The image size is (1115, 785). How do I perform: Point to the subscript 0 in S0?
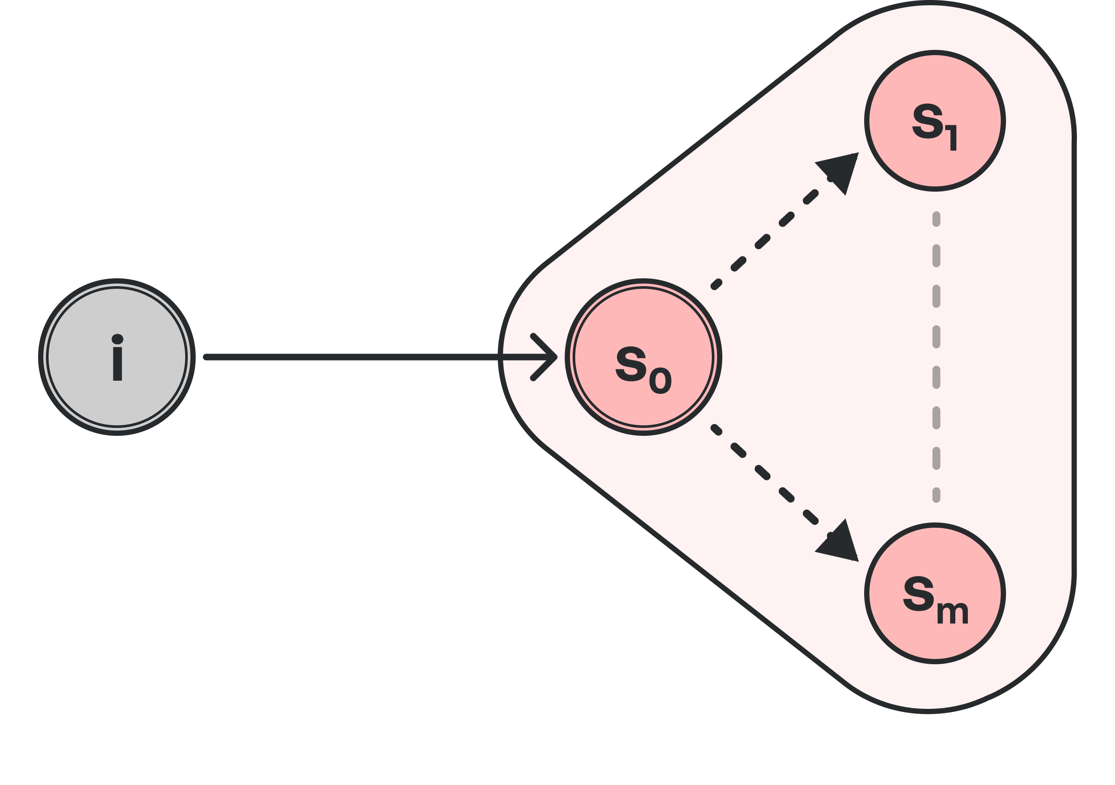pos(660,381)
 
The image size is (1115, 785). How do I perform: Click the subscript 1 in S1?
pos(952,137)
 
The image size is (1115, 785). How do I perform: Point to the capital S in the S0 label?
pos(631,364)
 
